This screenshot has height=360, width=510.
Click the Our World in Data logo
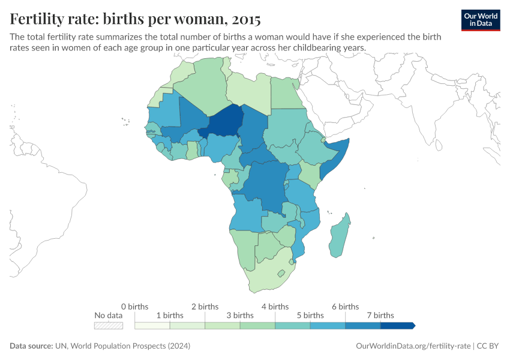pos(481,20)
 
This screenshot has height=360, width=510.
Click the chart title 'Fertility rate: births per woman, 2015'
pos(135,19)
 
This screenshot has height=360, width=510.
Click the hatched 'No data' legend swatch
pos(109,326)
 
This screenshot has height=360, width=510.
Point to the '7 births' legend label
pos(380,315)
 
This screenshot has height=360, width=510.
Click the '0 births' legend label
pos(134,307)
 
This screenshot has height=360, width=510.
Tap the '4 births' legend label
pos(275,307)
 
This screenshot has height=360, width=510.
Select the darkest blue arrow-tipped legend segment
pos(397,326)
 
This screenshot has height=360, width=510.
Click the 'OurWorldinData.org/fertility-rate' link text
pos(413,346)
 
